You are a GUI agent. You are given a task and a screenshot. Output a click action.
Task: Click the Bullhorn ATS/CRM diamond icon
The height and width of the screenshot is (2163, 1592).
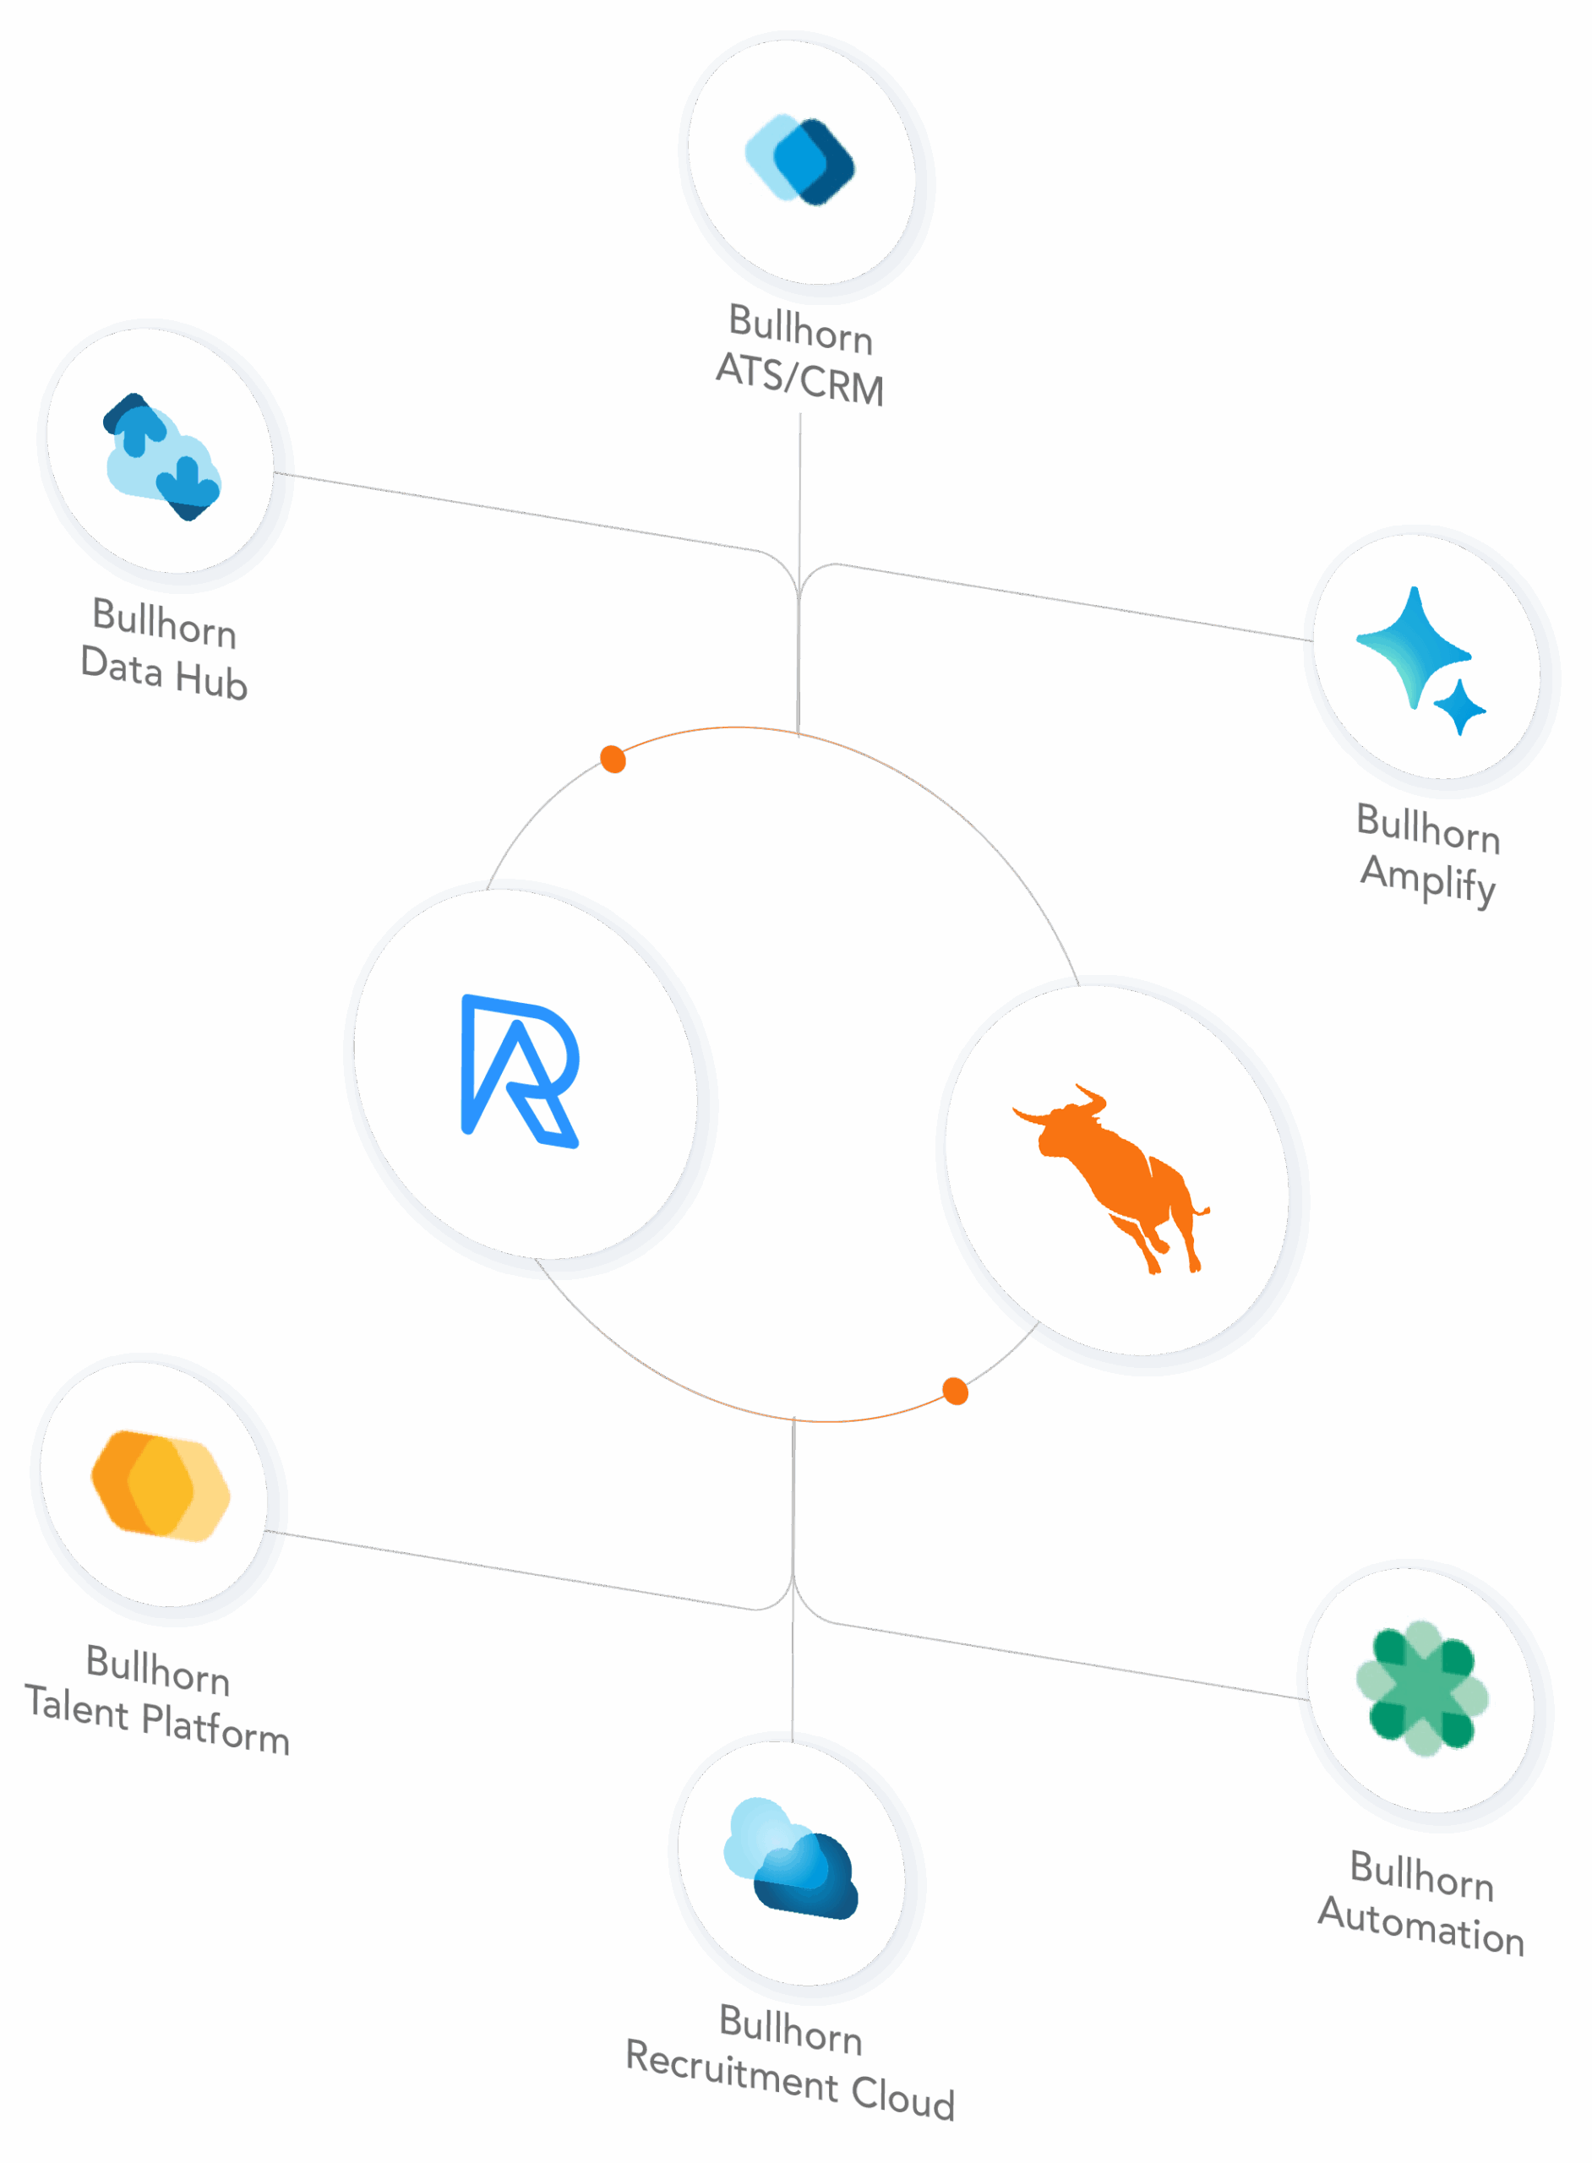tap(801, 160)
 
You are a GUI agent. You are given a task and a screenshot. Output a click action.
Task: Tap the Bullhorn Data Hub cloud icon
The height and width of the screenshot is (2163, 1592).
tap(161, 455)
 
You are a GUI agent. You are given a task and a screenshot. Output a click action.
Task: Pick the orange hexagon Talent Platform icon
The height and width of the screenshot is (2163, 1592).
tap(160, 1485)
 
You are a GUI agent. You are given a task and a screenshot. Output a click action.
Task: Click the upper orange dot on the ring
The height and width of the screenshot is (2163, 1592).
tap(613, 760)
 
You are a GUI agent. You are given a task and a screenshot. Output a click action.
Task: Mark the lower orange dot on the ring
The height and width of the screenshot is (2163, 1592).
tap(955, 1392)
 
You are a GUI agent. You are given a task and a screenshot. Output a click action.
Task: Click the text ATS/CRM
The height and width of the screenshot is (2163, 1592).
tap(800, 379)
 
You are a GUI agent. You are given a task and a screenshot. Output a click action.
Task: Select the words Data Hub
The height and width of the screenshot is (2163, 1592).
tap(164, 673)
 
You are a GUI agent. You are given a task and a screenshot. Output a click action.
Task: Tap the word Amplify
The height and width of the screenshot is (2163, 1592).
tap(1428, 879)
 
